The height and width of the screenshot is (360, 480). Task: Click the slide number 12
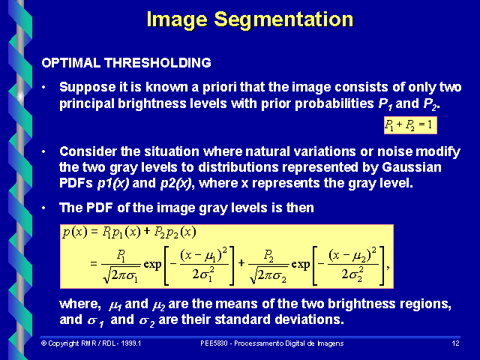(455, 343)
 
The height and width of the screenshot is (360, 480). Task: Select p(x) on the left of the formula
(75, 232)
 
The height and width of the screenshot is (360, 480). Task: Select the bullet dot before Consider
(45, 151)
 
